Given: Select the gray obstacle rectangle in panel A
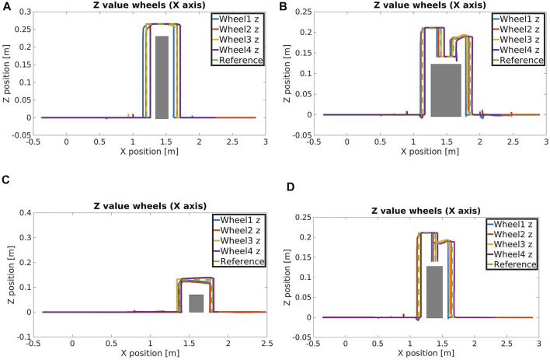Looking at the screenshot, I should point(162,77).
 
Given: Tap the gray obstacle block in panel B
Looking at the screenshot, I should point(446,89).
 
